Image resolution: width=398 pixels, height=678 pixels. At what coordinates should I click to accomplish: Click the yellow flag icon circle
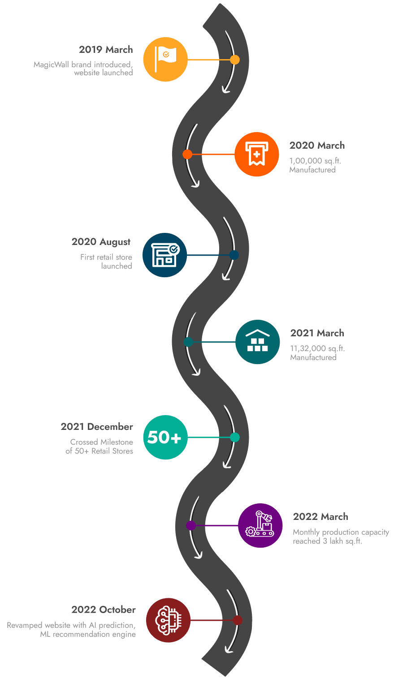[165, 59]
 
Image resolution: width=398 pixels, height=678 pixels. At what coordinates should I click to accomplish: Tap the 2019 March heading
[106, 49]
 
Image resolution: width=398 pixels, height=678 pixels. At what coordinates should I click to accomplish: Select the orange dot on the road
[187, 154]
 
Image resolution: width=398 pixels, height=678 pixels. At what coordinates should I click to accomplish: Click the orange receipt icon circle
[256, 154]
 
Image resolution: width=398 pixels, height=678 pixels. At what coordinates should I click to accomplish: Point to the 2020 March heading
[317, 146]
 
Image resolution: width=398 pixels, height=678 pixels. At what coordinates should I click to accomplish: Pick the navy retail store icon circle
[164, 255]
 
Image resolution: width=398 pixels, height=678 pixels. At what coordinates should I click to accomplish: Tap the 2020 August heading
[101, 242]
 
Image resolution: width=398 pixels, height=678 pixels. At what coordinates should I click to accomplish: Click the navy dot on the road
[234, 255]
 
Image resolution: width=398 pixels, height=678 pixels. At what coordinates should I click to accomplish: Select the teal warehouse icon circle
[257, 342]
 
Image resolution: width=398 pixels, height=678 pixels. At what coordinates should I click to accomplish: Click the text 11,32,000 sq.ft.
[317, 348]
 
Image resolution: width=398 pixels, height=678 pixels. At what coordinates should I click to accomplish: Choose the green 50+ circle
[165, 437]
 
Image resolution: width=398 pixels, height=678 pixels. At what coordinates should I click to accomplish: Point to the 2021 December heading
[97, 427]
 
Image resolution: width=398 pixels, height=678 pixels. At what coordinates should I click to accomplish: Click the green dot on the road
[234, 437]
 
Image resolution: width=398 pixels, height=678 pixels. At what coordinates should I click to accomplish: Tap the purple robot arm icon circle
[260, 525]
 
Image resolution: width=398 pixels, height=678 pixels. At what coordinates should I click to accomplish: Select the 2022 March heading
[320, 517]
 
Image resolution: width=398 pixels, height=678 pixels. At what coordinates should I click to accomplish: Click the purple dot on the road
[191, 525]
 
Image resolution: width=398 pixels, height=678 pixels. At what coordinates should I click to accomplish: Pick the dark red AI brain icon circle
[168, 620]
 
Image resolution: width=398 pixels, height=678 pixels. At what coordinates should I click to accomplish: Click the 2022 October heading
[103, 610]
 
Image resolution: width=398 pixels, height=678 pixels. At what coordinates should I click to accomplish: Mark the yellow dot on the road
[234, 60]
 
